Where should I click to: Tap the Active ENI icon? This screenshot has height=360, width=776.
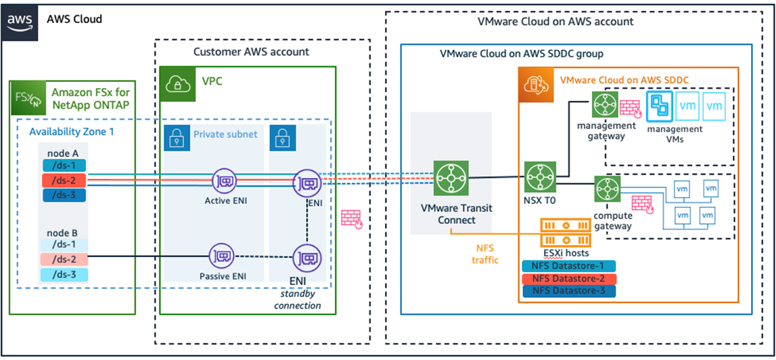coord(224,181)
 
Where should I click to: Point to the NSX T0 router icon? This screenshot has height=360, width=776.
coord(539,177)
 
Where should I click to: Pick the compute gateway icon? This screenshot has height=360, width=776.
coord(603,189)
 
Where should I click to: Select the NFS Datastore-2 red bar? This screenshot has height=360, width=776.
coord(568,278)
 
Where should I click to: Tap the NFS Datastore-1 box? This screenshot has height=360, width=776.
coord(568,266)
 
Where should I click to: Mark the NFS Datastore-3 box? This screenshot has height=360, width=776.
coord(568,291)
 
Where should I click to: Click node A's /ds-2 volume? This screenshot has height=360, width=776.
coord(64,181)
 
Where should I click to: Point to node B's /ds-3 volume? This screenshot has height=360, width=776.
coord(64,274)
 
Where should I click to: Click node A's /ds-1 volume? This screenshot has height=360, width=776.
coord(64,165)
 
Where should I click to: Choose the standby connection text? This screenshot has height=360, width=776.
coord(298,300)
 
